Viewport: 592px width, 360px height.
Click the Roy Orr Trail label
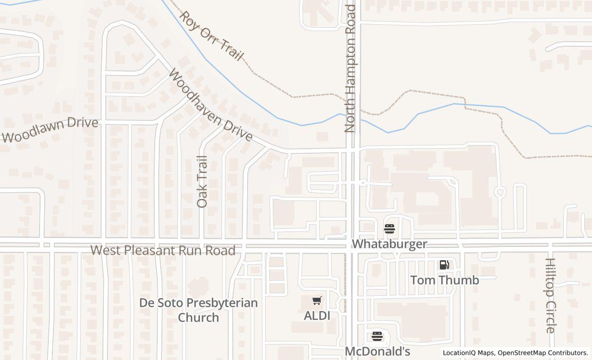coord(211,36)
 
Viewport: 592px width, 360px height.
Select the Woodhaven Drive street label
coord(211,106)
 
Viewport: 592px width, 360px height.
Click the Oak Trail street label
coord(202,182)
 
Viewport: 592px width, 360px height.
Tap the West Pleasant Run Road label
coord(163,250)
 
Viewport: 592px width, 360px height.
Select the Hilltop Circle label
coord(550,295)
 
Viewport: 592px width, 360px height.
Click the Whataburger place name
coord(390,244)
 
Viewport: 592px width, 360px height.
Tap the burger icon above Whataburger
coord(390,228)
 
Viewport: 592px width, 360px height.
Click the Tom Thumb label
coord(445,280)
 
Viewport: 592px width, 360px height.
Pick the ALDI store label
coord(317,315)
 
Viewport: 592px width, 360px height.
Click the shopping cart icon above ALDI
coord(317,300)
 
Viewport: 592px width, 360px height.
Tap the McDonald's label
coord(377,352)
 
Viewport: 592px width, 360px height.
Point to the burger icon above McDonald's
coord(377,337)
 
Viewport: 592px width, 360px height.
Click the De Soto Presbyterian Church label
coord(198,310)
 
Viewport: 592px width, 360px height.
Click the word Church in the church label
coord(198,317)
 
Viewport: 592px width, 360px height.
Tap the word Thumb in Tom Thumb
coord(460,280)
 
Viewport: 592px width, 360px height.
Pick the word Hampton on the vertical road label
coord(350,67)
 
